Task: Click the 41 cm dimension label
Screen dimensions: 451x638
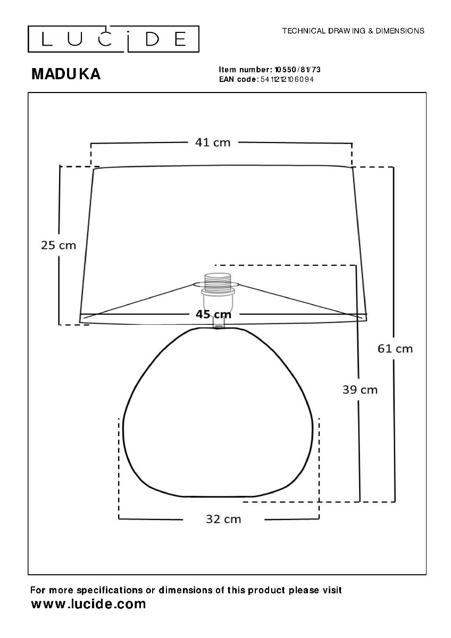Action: coord(213,142)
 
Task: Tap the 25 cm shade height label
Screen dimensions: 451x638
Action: coord(59,245)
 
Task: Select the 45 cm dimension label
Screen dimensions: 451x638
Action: coord(213,314)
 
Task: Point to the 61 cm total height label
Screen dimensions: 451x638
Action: coord(395,349)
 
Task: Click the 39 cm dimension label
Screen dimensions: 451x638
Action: coord(360,390)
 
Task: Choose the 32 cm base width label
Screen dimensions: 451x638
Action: coord(223,519)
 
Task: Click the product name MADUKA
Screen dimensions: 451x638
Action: coord(66,74)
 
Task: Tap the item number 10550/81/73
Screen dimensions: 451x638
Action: coord(297,70)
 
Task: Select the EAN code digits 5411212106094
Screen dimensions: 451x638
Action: coord(287,79)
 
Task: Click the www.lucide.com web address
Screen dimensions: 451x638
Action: coord(88,603)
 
